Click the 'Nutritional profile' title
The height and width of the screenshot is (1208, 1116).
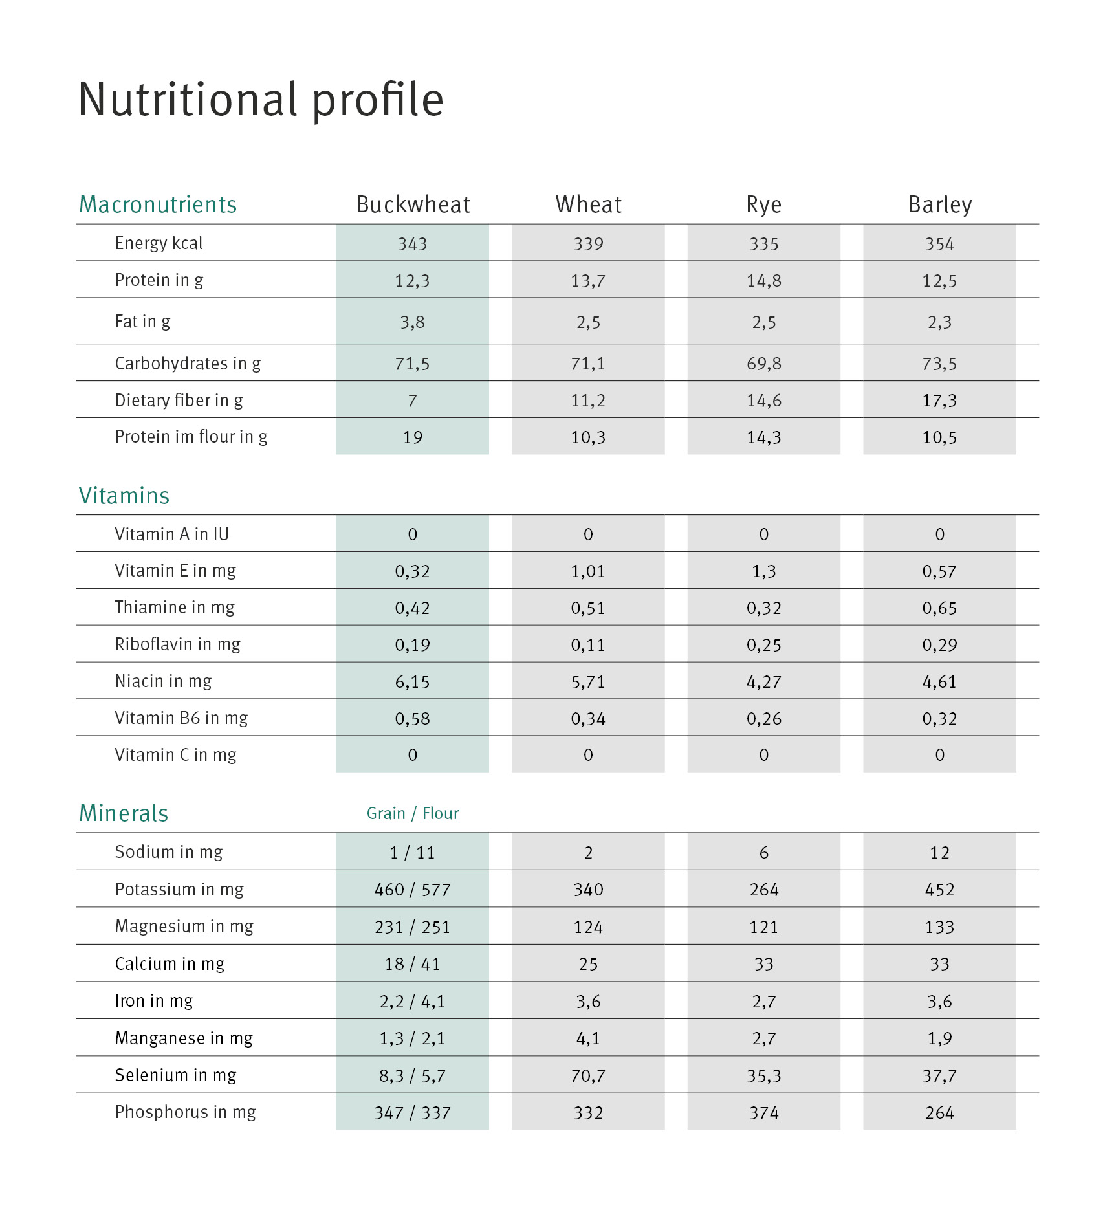pyautogui.click(x=261, y=100)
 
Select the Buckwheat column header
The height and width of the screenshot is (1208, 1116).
pyautogui.click(x=413, y=204)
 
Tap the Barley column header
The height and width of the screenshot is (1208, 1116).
pyautogui.click(x=939, y=204)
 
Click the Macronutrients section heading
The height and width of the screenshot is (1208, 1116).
pyautogui.click(x=158, y=204)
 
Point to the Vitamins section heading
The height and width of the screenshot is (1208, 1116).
pyautogui.click(x=124, y=496)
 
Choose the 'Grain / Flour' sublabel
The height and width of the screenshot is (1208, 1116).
pyautogui.click(x=413, y=813)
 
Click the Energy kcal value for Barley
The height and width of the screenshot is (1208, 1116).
pyautogui.click(x=939, y=244)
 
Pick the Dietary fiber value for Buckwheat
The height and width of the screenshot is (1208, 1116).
pyautogui.click(x=413, y=401)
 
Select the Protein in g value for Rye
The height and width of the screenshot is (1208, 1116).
pyautogui.click(x=764, y=281)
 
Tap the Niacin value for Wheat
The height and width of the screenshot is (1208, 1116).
pyautogui.click(x=588, y=682)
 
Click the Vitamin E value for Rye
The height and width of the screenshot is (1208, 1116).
pyautogui.click(x=764, y=571)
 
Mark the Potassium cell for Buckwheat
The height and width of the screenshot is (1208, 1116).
pyautogui.click(x=413, y=890)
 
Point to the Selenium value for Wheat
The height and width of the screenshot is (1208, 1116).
pyautogui.click(x=588, y=1076)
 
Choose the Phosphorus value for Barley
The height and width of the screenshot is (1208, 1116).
pyautogui.click(x=939, y=1113)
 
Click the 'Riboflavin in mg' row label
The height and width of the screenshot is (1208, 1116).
pyautogui.click(x=178, y=644)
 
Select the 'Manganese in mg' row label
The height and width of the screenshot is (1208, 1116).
pyautogui.click(x=184, y=1038)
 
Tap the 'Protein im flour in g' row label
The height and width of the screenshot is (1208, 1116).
pyautogui.click(x=191, y=437)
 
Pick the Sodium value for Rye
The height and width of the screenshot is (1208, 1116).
pyautogui.click(x=764, y=853)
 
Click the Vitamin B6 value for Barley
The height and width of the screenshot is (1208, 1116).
pyautogui.click(x=939, y=719)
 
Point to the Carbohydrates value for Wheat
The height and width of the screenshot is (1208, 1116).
pyautogui.click(x=588, y=364)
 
